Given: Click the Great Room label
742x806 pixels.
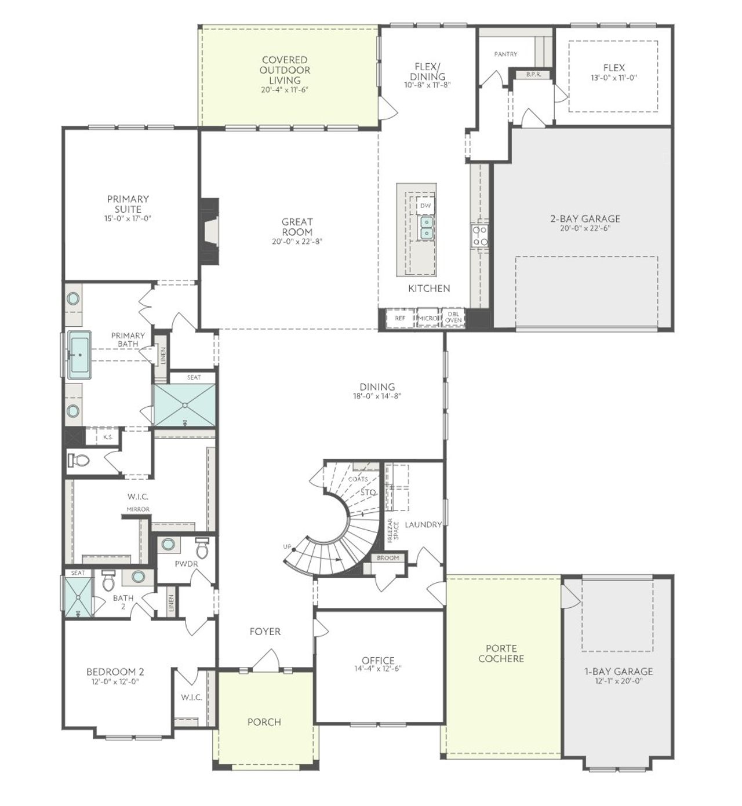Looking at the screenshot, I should (x=297, y=227).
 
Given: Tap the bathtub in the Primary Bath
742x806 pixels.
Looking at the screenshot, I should (x=79, y=355).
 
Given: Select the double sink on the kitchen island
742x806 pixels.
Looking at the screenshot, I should (x=426, y=227).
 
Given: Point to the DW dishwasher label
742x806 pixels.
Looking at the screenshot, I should (x=425, y=206).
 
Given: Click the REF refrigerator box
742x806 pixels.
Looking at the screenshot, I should (x=400, y=318).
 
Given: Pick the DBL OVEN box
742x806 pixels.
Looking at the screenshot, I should (x=453, y=318).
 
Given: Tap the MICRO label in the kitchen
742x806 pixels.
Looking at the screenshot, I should (x=427, y=318).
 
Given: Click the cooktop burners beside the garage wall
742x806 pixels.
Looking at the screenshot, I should (x=480, y=235).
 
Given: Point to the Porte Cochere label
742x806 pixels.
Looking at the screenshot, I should (x=501, y=654).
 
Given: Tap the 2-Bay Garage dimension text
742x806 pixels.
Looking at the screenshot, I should (x=585, y=228).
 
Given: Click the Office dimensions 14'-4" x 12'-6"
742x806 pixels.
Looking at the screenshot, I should (x=378, y=668).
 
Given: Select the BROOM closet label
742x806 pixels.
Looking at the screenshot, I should (x=388, y=558).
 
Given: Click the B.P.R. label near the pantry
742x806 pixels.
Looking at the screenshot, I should (x=533, y=75).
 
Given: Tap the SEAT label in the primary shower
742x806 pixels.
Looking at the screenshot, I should (x=194, y=377).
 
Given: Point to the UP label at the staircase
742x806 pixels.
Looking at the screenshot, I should (x=287, y=546).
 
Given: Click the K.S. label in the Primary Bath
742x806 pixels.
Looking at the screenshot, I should (x=108, y=437).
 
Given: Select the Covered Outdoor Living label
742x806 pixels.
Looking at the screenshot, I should (x=285, y=70).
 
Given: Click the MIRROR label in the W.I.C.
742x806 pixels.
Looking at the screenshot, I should (x=139, y=509).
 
